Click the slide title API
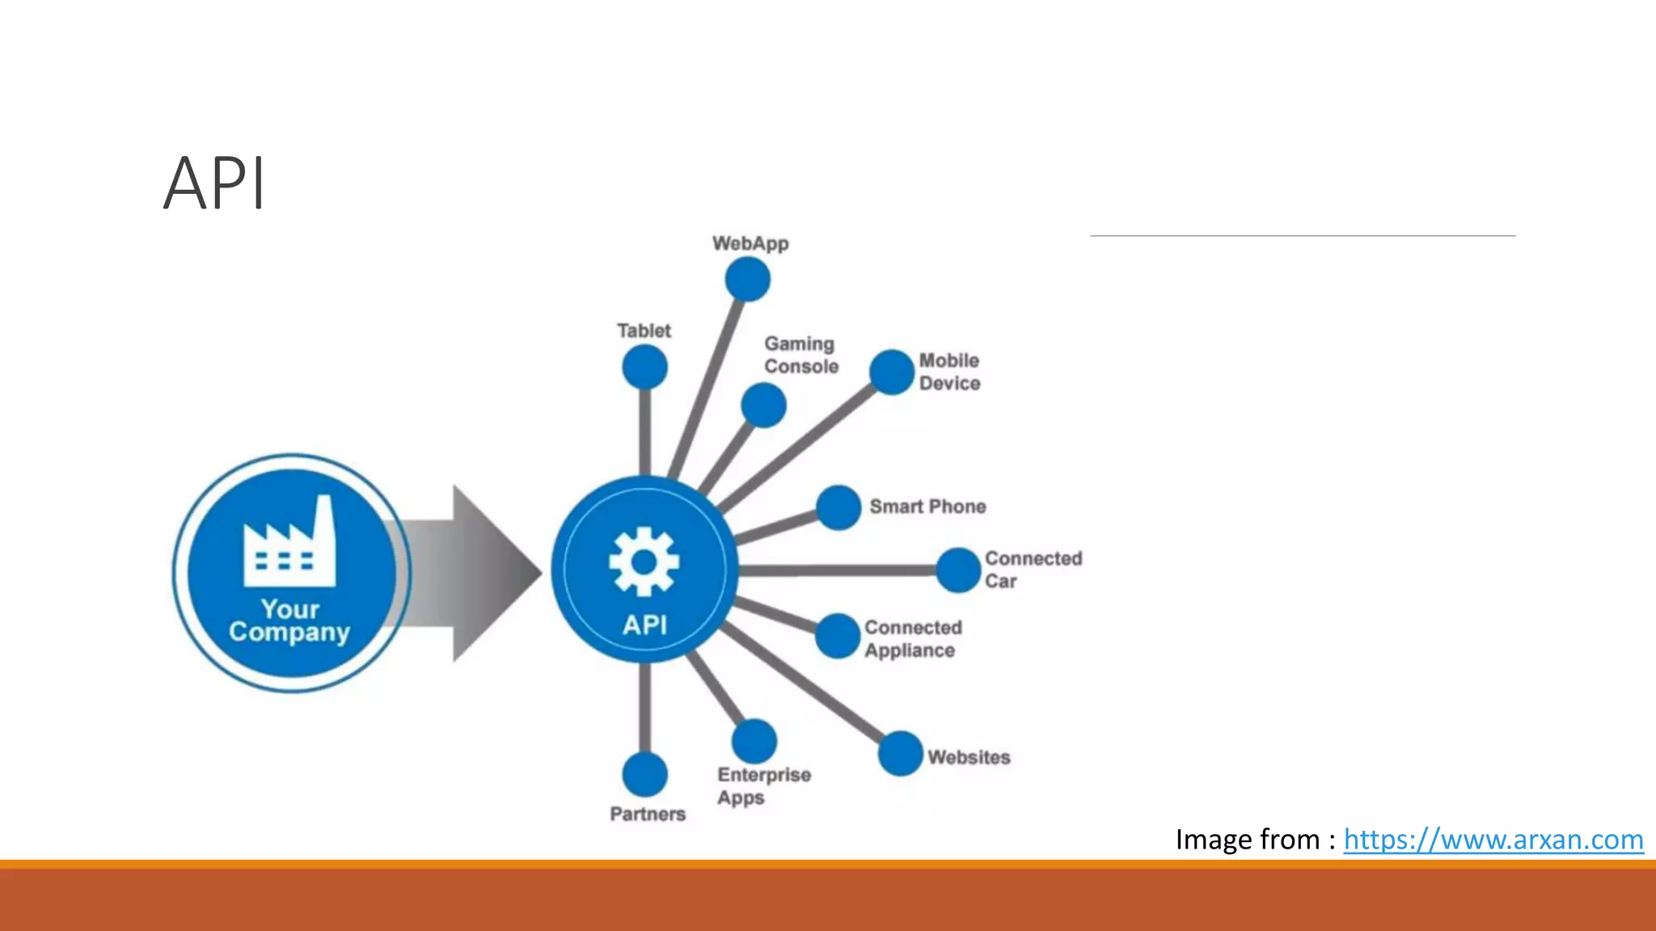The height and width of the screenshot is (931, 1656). [214, 184]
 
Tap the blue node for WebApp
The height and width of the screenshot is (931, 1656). [747, 280]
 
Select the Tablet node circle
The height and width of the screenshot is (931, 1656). [644, 368]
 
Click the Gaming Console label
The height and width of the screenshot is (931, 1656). [801, 355]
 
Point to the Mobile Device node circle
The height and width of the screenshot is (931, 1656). [892, 372]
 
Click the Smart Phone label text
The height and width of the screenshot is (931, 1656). [927, 507]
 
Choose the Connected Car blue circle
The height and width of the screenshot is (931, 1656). [958, 570]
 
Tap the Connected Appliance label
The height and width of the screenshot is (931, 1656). [913, 638]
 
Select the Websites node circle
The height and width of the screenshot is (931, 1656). [900, 753]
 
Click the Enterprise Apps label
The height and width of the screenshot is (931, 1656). [763, 786]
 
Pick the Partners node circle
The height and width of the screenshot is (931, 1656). [644, 774]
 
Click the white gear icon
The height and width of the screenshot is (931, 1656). [644, 562]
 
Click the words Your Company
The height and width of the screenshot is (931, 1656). [289, 621]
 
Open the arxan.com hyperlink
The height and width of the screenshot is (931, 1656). [1493, 840]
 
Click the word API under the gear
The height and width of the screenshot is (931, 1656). [644, 625]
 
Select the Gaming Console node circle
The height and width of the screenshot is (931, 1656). [763, 405]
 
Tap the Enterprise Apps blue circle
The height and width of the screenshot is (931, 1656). [754, 741]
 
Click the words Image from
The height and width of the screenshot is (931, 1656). [1247, 840]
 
